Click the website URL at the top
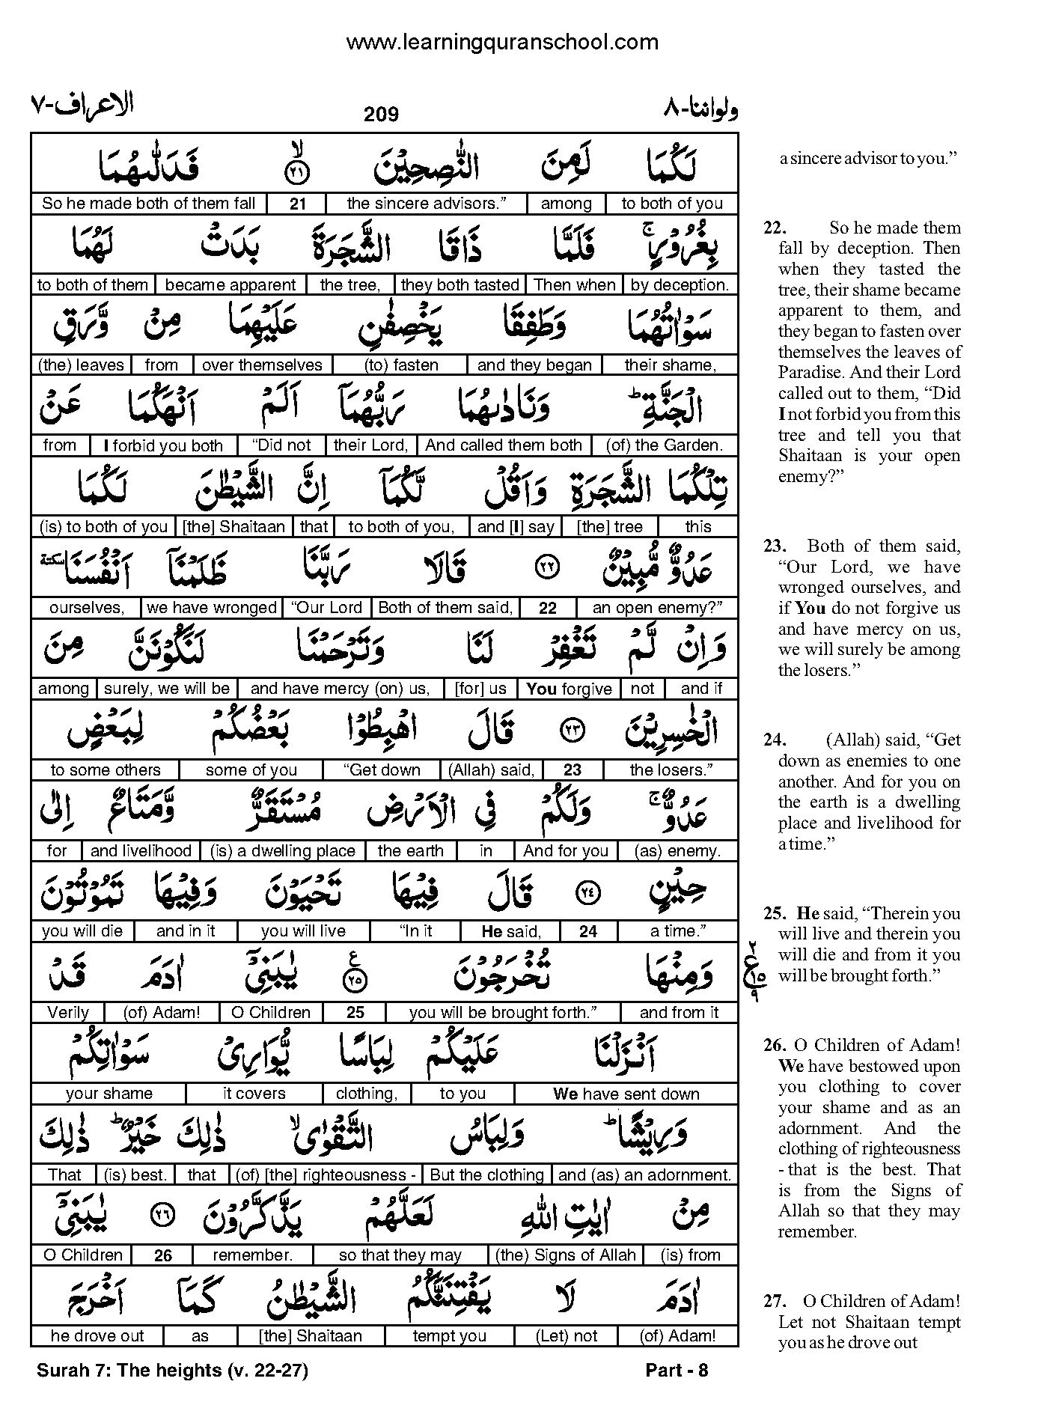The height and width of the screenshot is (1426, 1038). [502, 42]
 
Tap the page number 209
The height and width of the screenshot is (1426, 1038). [381, 115]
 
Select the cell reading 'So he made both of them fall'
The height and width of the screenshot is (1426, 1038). [148, 204]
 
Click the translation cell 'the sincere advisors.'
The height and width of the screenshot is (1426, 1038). [426, 204]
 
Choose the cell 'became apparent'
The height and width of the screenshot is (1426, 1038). [231, 284]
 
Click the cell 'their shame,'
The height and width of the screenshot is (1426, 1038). [670, 365]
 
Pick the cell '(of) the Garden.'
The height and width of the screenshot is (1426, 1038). [664, 445]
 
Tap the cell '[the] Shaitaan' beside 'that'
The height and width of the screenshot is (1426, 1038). [233, 526]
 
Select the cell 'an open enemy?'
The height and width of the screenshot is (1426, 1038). [657, 608]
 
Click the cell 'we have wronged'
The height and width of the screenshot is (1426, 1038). [212, 608]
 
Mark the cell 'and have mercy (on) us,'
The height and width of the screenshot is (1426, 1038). [340, 689]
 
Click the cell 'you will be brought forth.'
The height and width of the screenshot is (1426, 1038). [502, 1012]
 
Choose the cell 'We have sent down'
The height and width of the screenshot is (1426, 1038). [626, 1094]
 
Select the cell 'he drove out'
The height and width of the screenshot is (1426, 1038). [97, 1336]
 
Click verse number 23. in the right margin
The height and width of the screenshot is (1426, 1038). [774, 546]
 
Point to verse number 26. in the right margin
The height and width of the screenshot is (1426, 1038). [774, 1045]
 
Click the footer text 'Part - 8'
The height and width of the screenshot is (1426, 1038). [676, 1371]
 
